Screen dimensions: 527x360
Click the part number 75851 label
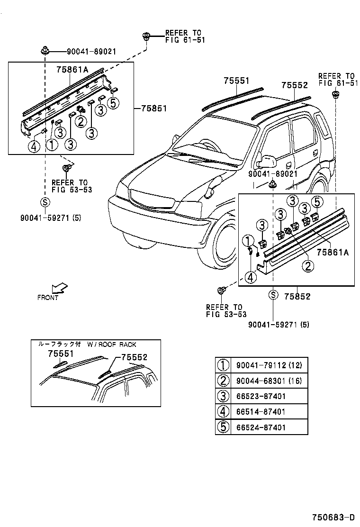(x=153, y=108)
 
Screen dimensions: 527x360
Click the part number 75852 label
(x=297, y=296)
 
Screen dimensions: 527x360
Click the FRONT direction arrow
(x=59, y=288)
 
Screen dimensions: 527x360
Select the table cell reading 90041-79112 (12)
(x=269, y=365)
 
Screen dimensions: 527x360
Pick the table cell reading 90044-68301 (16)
(x=269, y=381)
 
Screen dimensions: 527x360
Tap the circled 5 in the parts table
(x=223, y=427)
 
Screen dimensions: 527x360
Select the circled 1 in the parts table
(x=223, y=365)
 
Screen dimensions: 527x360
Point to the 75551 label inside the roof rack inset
(x=61, y=354)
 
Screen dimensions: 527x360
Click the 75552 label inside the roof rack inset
(x=134, y=357)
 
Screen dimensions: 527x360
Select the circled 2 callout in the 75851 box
(x=81, y=122)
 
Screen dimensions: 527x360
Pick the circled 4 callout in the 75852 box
(x=251, y=277)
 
